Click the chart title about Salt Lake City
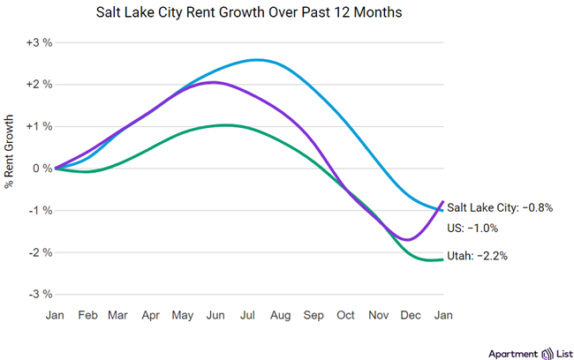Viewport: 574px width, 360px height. pos(287,14)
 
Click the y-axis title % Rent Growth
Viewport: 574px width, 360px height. pos(10,153)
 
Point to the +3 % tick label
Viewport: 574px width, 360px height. pos(39,42)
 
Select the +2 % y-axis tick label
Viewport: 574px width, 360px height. pos(39,85)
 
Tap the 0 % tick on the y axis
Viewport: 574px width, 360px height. pos(42,169)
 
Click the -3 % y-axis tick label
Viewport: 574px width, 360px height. pos(39,294)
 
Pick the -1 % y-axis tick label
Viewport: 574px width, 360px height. pos(39,210)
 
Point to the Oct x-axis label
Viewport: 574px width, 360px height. pos(345,314)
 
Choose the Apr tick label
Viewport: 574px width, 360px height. pos(151,314)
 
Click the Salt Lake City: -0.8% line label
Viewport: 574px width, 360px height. pos(500,207)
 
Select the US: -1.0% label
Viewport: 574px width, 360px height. pos(472,228)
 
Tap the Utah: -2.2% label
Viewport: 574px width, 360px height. pos(478,256)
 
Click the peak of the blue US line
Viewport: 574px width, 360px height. pos(256,60)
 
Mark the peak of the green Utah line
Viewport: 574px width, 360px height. pos(225,124)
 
